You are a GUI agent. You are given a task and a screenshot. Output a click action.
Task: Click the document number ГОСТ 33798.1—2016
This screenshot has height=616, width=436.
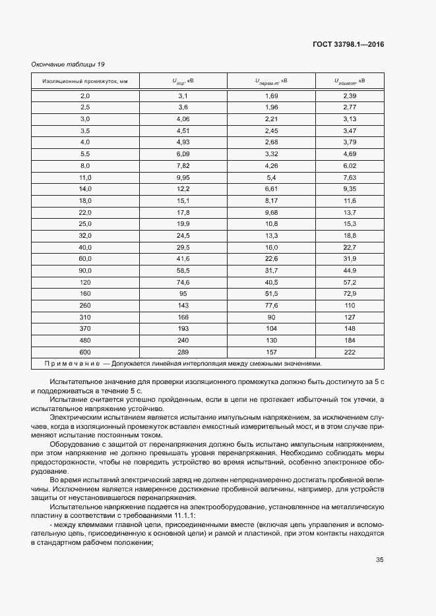click(x=348, y=45)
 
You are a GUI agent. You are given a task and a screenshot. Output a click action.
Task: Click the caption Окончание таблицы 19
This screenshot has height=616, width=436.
click(x=67, y=64)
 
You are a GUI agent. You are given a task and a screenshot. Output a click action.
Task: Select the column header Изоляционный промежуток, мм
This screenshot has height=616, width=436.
click(x=84, y=81)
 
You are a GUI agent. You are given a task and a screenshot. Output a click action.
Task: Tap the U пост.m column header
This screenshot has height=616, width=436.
click(x=350, y=81)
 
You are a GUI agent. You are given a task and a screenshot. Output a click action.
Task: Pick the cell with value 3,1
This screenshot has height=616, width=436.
click(x=183, y=96)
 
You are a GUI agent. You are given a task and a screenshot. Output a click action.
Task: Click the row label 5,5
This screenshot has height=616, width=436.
click(x=84, y=154)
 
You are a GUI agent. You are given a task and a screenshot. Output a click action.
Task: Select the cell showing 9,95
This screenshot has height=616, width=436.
click(x=183, y=177)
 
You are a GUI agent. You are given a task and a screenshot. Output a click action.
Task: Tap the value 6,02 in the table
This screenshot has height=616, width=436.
click(x=350, y=165)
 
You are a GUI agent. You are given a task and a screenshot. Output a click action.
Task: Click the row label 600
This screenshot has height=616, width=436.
click(x=84, y=352)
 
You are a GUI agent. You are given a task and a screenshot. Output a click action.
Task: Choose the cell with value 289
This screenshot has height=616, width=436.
click(x=183, y=352)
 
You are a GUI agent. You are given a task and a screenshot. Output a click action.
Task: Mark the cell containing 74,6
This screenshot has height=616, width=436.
click(x=183, y=282)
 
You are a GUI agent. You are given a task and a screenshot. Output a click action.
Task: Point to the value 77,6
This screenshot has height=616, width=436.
click(x=271, y=305)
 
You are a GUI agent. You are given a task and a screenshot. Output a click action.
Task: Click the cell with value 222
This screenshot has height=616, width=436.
click(x=350, y=352)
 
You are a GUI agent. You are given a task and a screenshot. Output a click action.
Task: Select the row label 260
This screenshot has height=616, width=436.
click(x=84, y=305)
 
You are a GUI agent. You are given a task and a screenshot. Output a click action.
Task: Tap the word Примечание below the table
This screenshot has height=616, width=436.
click(x=71, y=363)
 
